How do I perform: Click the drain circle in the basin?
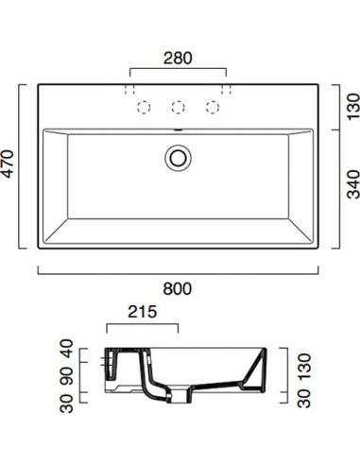(x=177, y=156)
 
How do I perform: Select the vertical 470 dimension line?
(x=24, y=168)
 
